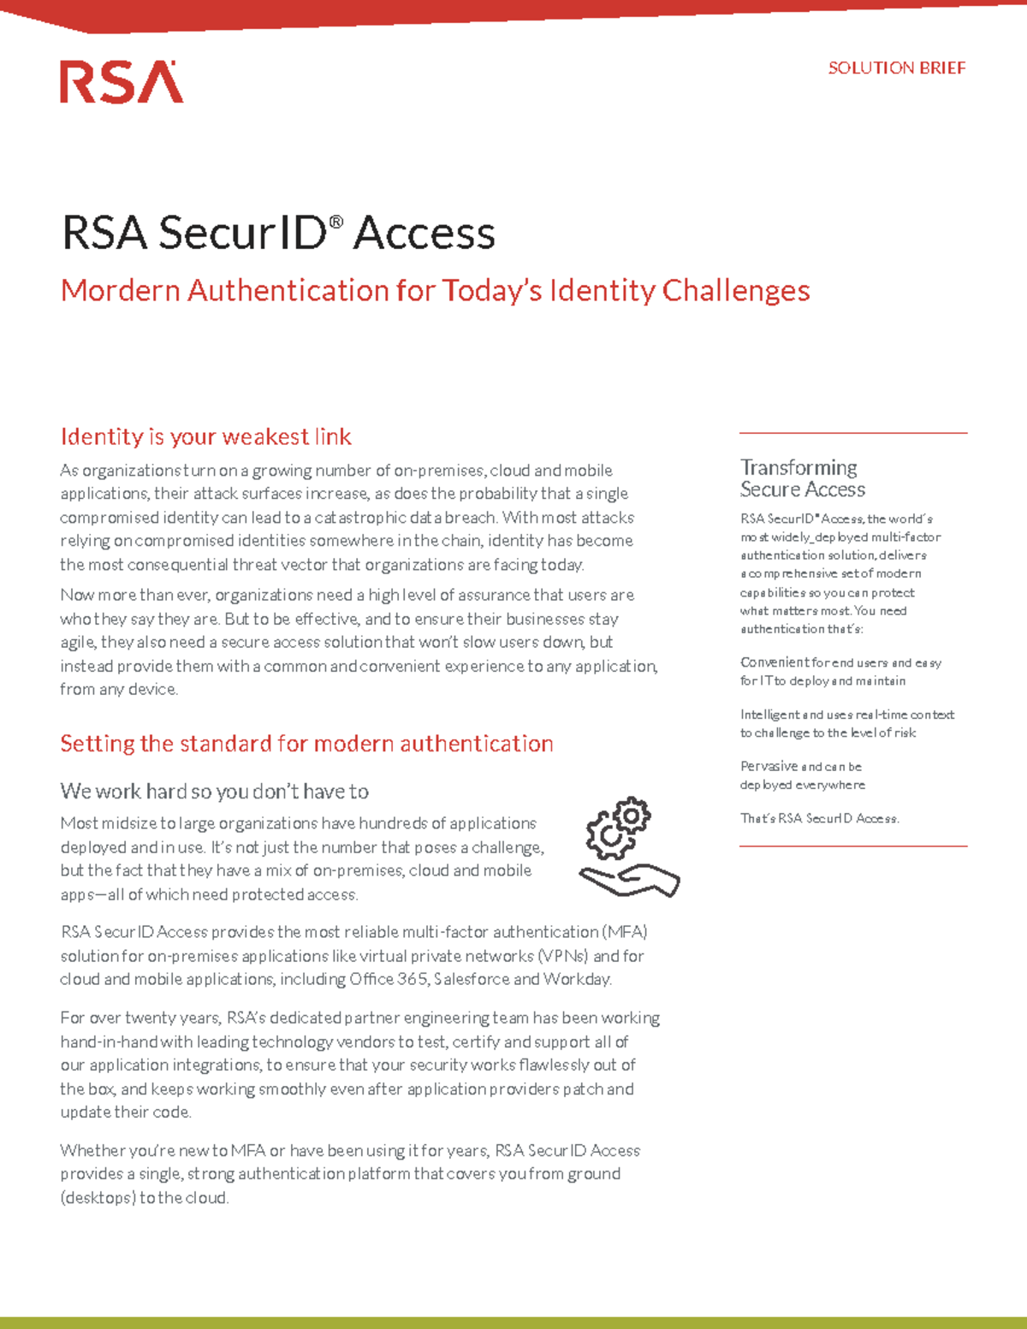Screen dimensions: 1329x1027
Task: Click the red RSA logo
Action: [x=122, y=82]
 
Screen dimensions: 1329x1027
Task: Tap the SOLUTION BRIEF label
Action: [x=896, y=68]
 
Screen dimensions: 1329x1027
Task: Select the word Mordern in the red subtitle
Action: [x=120, y=291]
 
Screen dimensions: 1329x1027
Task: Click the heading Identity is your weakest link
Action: [x=205, y=437]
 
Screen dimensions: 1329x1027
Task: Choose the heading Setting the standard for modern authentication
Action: [x=306, y=744]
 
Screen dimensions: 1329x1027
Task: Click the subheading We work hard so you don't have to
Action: [x=214, y=792]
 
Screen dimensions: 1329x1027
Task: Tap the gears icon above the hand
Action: [x=619, y=828]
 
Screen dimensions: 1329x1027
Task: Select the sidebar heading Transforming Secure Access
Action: [x=802, y=478]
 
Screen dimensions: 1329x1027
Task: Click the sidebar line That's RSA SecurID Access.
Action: [x=819, y=819]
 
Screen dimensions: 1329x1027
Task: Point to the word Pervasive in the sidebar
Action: [x=769, y=767]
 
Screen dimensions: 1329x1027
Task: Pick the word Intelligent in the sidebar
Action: [x=769, y=715]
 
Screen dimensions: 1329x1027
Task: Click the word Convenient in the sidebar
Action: [x=774, y=662]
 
